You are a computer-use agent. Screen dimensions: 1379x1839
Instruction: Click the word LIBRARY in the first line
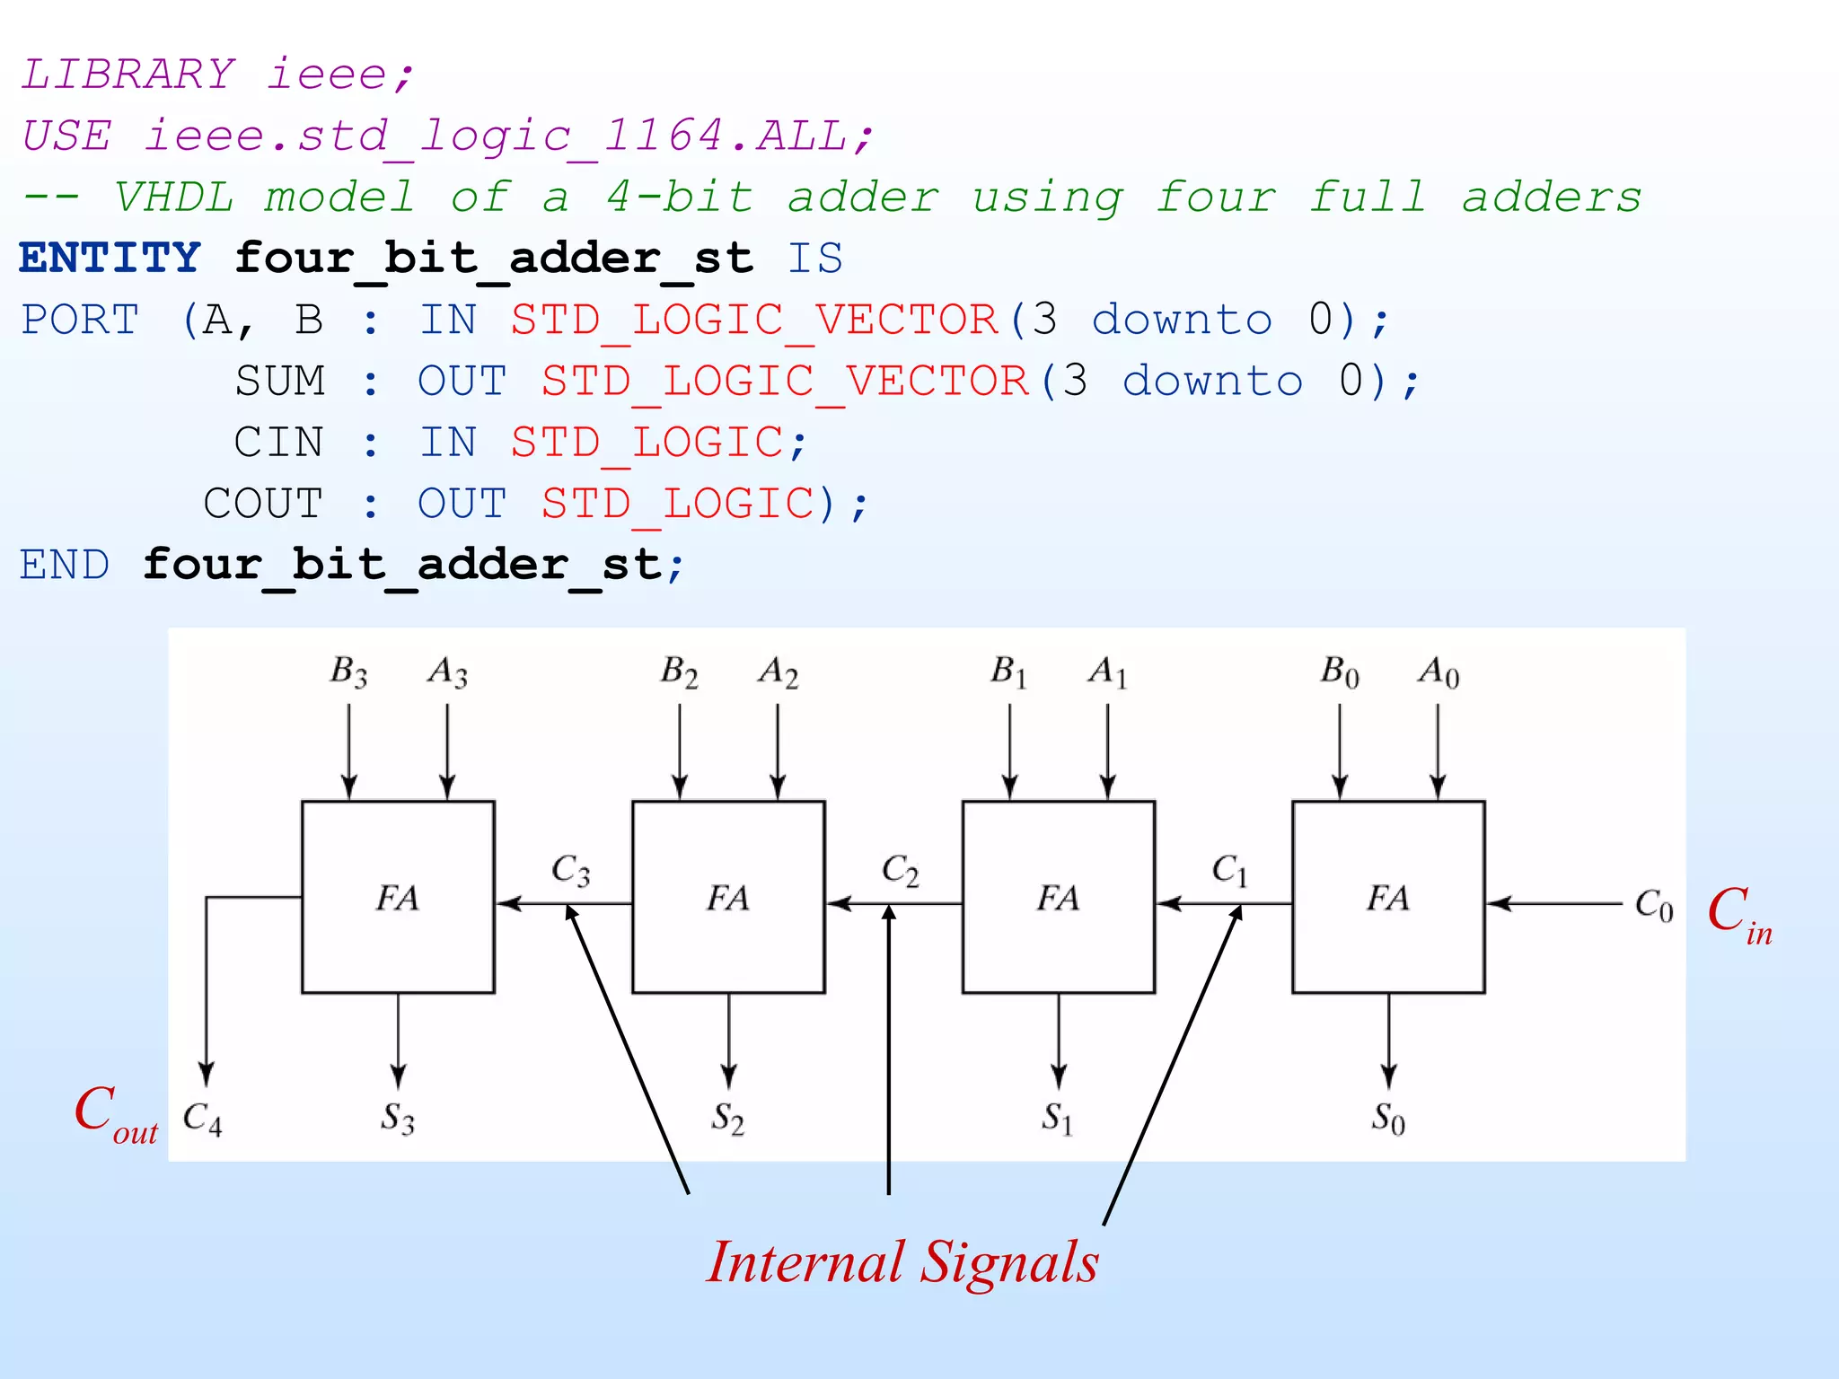click(128, 74)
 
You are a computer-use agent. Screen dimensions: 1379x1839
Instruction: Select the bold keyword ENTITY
click(110, 259)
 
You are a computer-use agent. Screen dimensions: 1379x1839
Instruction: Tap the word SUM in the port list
click(279, 382)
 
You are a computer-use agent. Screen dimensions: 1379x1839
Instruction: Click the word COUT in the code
click(262, 504)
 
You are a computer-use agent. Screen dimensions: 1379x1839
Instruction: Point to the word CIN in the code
click(278, 443)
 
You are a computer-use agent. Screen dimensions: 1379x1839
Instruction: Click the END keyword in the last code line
click(65, 566)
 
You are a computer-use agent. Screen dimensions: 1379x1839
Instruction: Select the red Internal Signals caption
click(902, 1261)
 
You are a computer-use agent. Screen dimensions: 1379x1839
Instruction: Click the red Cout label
click(116, 1113)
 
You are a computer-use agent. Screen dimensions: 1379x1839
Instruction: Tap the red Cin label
click(1738, 914)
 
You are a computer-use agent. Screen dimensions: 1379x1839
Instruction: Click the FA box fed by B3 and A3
click(398, 897)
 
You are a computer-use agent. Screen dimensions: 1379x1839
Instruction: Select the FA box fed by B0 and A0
click(1388, 897)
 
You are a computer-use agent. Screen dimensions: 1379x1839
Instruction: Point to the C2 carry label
click(900, 870)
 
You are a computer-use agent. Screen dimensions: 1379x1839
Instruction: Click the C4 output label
click(202, 1119)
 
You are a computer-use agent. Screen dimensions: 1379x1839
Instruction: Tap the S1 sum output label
click(1058, 1119)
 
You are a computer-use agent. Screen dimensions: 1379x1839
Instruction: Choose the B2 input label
click(679, 672)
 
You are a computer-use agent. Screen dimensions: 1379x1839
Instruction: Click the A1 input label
click(1107, 672)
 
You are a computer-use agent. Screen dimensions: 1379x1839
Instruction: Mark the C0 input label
click(1653, 905)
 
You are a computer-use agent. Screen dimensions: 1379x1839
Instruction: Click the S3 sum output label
click(397, 1119)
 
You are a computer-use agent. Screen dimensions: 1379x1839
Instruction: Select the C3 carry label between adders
click(570, 870)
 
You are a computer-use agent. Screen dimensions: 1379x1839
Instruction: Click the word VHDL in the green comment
click(173, 197)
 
